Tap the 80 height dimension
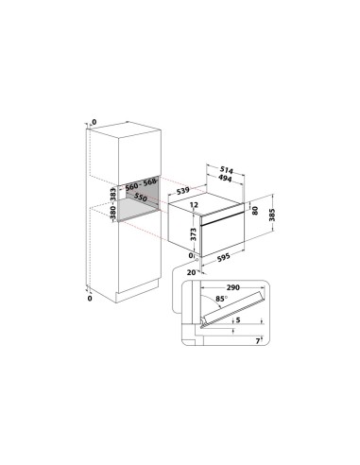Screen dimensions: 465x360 [254, 208]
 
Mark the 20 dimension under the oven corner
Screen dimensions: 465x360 [191, 272]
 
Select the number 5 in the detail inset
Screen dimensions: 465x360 [240, 321]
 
